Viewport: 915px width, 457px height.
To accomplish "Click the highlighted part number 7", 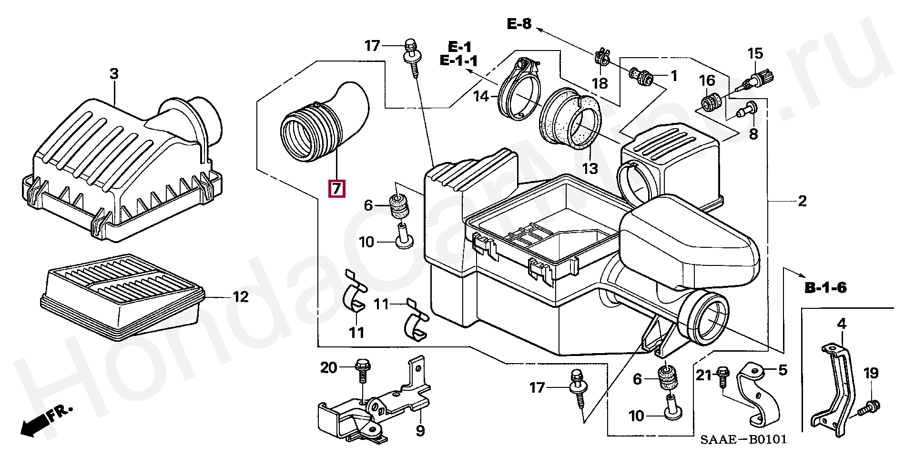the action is tap(336, 189).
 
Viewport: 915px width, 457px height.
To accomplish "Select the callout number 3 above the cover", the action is tap(114, 74).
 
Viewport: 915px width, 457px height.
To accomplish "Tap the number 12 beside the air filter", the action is tap(241, 297).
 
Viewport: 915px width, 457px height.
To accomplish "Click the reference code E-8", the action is tap(518, 23).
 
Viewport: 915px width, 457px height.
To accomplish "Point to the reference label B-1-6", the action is tap(825, 288).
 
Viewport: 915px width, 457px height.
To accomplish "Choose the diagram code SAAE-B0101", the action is tap(743, 439).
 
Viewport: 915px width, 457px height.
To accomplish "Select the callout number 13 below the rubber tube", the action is tap(590, 168).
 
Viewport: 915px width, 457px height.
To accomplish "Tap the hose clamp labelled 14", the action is tap(518, 91).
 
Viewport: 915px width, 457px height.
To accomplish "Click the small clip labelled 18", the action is tap(603, 58).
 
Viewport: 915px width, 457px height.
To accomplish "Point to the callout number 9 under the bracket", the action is tap(420, 431).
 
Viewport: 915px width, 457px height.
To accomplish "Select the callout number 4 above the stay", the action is tap(842, 324).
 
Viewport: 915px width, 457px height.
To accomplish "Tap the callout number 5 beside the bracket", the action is tap(783, 370).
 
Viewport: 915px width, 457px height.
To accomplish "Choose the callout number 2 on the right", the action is tap(802, 201).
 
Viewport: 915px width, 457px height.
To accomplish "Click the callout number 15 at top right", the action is tap(755, 54).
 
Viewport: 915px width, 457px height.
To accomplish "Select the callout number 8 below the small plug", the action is tap(753, 134).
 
